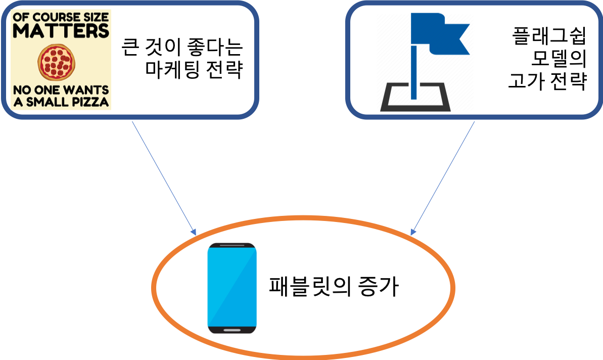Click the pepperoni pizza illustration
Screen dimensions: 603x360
pyautogui.click(x=57, y=62)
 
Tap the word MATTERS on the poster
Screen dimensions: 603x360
pyautogui.click(x=61, y=31)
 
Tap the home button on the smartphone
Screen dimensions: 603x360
pyautogui.click(x=232, y=330)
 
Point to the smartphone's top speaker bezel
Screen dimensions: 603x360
pyautogui.click(x=232, y=246)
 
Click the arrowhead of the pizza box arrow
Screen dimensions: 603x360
pyautogui.click(x=194, y=233)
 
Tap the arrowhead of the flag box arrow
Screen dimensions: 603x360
pyautogui.click(x=412, y=233)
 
